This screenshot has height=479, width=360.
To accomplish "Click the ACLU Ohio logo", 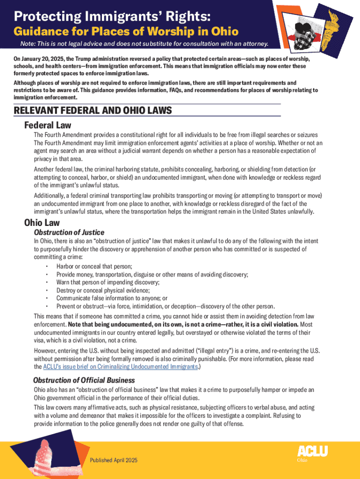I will point(312,452).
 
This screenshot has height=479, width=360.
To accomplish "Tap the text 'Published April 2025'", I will point(114,460).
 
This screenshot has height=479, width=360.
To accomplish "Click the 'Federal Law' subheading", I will point(48,125).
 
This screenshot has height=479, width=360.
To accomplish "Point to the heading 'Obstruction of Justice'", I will point(69,232).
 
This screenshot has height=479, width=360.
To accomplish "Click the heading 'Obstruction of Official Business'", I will point(84,380).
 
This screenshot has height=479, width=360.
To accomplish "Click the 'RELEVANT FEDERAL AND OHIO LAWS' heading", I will point(93,111).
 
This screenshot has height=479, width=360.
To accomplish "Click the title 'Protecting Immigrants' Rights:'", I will point(112,17).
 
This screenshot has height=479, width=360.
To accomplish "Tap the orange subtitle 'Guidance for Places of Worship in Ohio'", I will point(126,32).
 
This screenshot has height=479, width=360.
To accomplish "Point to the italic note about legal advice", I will point(144,44).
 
